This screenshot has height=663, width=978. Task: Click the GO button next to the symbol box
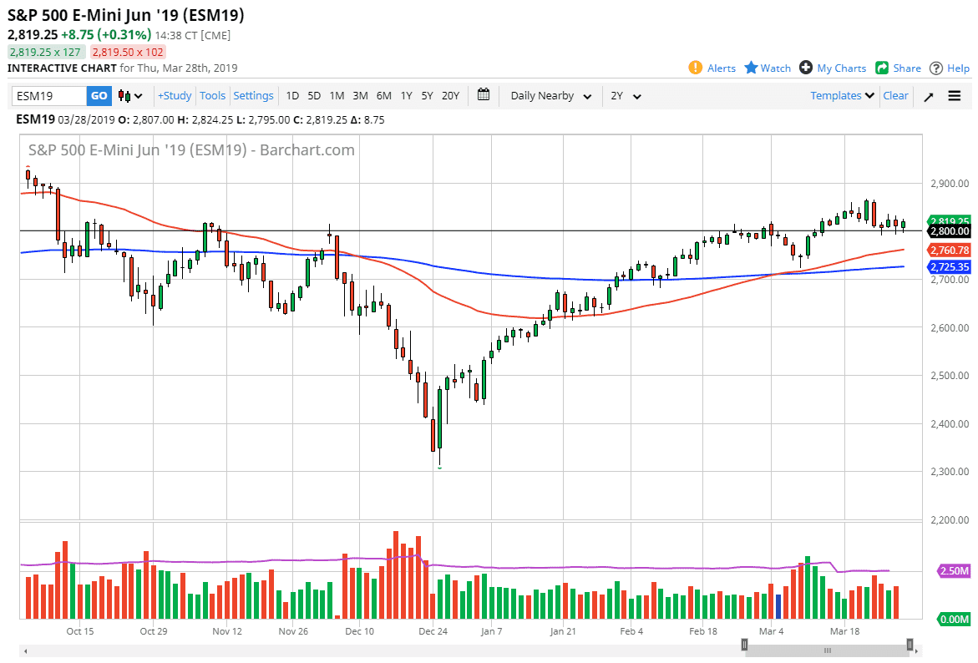(x=99, y=96)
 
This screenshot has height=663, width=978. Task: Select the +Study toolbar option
(x=175, y=96)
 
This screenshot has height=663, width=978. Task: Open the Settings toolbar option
(x=253, y=96)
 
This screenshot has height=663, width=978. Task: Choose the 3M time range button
(x=360, y=96)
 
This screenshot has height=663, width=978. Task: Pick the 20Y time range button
(x=450, y=96)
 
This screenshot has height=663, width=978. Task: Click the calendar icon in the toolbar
(x=484, y=95)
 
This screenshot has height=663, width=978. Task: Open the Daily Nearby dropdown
(x=551, y=96)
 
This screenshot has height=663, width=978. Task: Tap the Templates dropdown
(x=842, y=96)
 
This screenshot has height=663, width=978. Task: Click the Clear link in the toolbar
(x=895, y=96)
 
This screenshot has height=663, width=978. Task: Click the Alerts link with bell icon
(x=712, y=68)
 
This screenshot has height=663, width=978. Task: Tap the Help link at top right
(x=950, y=68)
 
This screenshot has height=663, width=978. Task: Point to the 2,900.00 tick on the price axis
(x=949, y=183)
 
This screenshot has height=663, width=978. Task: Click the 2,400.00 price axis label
(x=949, y=423)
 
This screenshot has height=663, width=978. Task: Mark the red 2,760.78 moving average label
(x=949, y=250)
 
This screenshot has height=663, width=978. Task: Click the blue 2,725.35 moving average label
(x=949, y=267)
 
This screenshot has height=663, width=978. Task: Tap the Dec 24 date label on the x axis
(x=433, y=632)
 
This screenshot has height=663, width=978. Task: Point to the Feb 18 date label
(x=702, y=632)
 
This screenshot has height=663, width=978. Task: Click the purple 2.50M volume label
(x=953, y=571)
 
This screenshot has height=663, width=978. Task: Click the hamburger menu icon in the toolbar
(x=955, y=96)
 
